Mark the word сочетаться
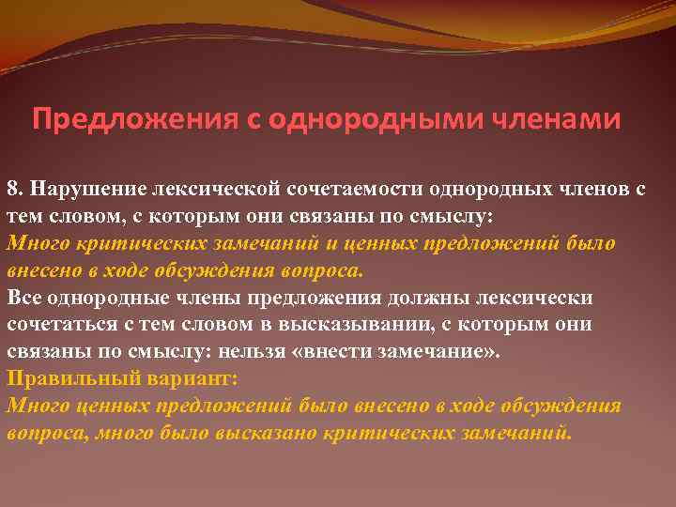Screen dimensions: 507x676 [57, 325]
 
